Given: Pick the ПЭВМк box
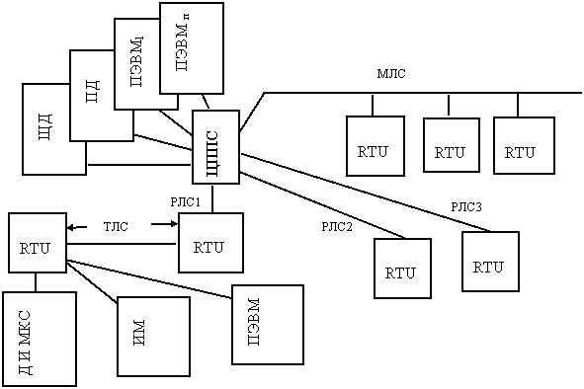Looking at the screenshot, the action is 192,48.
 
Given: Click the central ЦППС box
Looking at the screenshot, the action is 215,147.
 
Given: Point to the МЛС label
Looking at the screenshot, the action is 391,74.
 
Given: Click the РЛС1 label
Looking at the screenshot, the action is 186,202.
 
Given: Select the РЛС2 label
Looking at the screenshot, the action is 337,227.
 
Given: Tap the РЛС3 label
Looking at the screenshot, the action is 466,207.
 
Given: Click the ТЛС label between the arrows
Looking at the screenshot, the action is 116,226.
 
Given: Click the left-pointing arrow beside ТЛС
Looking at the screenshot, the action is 77,227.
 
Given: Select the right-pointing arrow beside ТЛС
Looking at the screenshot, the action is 165,224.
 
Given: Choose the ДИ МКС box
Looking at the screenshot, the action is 40,339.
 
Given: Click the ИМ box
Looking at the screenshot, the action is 153,337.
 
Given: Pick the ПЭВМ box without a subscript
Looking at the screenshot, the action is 268,325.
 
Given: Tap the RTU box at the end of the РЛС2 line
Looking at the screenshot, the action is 402,268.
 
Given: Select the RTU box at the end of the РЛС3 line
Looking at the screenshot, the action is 490,262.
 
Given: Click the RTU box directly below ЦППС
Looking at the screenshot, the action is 210,243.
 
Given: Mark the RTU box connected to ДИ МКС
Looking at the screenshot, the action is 38,243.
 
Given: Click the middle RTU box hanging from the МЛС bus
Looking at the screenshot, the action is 452,145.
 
